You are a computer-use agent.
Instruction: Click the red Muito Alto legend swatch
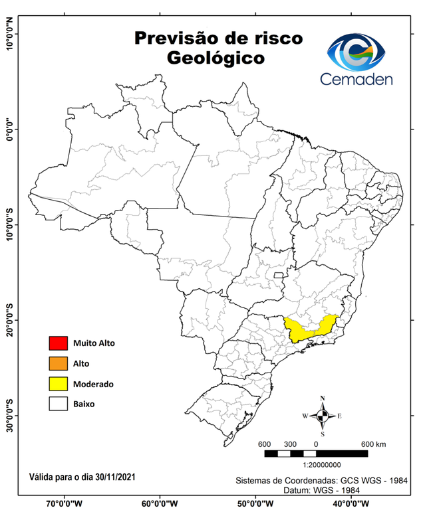59,343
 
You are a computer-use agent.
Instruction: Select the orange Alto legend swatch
59,363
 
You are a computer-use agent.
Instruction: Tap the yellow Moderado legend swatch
59,384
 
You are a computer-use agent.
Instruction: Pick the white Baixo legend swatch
59,404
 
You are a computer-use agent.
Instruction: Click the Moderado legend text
93,384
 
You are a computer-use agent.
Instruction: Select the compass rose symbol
323,416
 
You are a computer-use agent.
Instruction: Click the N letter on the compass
323,399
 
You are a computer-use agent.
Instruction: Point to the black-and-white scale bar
316,454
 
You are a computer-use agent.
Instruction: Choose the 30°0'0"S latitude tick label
9,416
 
